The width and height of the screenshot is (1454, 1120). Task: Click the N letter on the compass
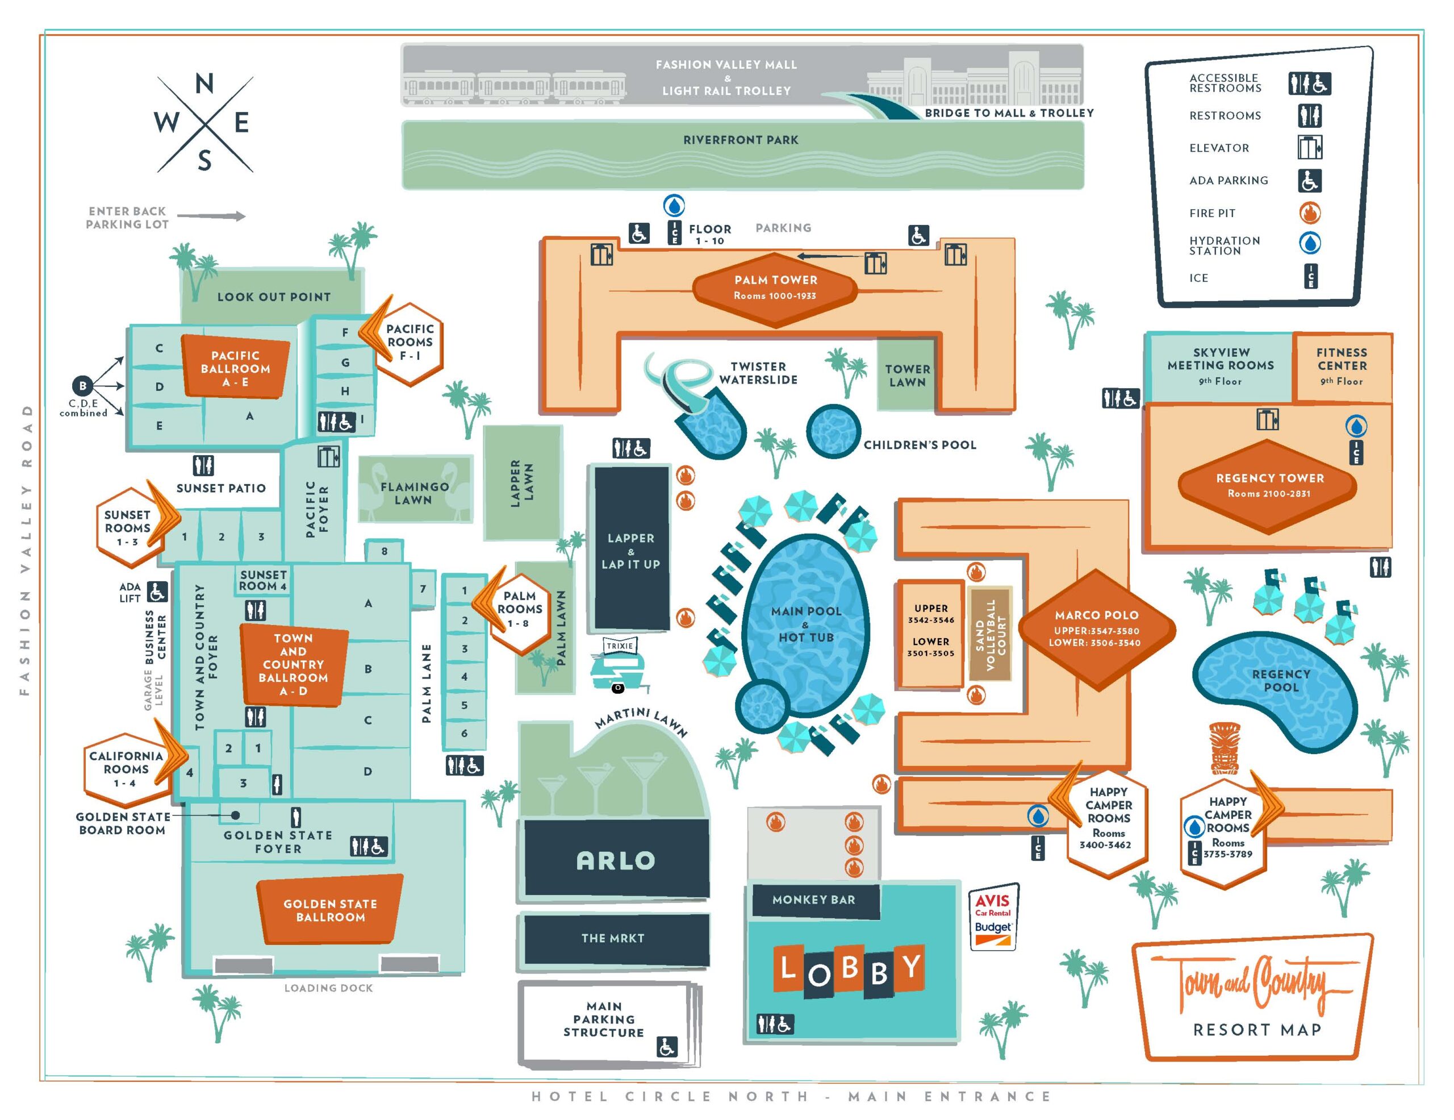tap(204, 84)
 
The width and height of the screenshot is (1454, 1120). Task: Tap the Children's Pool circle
tap(833, 431)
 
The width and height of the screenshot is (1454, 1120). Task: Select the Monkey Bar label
tap(813, 900)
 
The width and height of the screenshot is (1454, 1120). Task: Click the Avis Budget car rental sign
tap(993, 918)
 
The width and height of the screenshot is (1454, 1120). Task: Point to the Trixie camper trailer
tap(619, 667)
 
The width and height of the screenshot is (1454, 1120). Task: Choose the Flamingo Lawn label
tap(414, 493)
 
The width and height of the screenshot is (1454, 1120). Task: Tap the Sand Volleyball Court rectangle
tap(989, 634)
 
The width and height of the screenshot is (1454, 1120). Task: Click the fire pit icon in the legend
tap(1310, 213)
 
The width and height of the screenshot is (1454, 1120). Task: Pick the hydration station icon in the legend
tap(1310, 243)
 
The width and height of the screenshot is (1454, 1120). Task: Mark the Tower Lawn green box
tap(906, 376)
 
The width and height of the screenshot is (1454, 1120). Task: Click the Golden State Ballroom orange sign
tap(330, 910)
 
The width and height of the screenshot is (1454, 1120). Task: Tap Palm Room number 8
tap(384, 551)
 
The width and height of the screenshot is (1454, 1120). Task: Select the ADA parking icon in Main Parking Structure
tap(666, 1047)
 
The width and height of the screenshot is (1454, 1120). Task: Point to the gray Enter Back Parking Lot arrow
tap(211, 216)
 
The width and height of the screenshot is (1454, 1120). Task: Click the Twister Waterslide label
tap(758, 373)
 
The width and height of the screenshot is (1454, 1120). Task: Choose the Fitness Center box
tap(1342, 367)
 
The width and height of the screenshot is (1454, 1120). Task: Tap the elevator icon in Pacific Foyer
tap(328, 457)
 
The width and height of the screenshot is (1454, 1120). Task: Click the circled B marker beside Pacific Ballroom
tap(82, 385)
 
